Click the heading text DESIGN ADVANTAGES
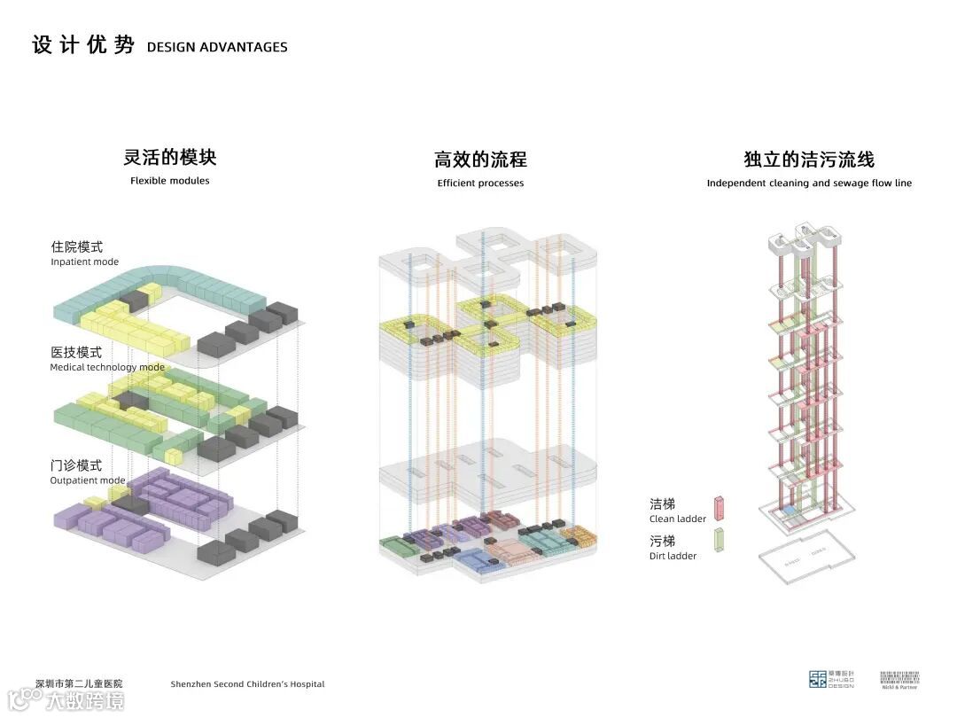click(217, 47)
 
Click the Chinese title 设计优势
click(83, 45)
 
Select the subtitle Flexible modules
click(170, 181)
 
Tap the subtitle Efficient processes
click(480, 183)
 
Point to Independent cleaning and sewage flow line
click(809, 183)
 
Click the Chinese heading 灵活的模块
click(170, 158)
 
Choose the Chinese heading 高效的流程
click(480, 160)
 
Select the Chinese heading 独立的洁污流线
click(809, 160)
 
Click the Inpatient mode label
click(84, 261)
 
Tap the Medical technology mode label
click(106, 367)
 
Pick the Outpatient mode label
click(87, 480)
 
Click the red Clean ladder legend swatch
click(720, 509)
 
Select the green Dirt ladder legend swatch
click(720, 542)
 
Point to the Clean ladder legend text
click(678, 519)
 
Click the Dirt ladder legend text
click(673, 556)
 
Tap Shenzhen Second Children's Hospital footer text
click(247, 684)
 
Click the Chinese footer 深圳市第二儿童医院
click(79, 683)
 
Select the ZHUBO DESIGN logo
click(831, 679)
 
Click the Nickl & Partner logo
click(899, 679)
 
